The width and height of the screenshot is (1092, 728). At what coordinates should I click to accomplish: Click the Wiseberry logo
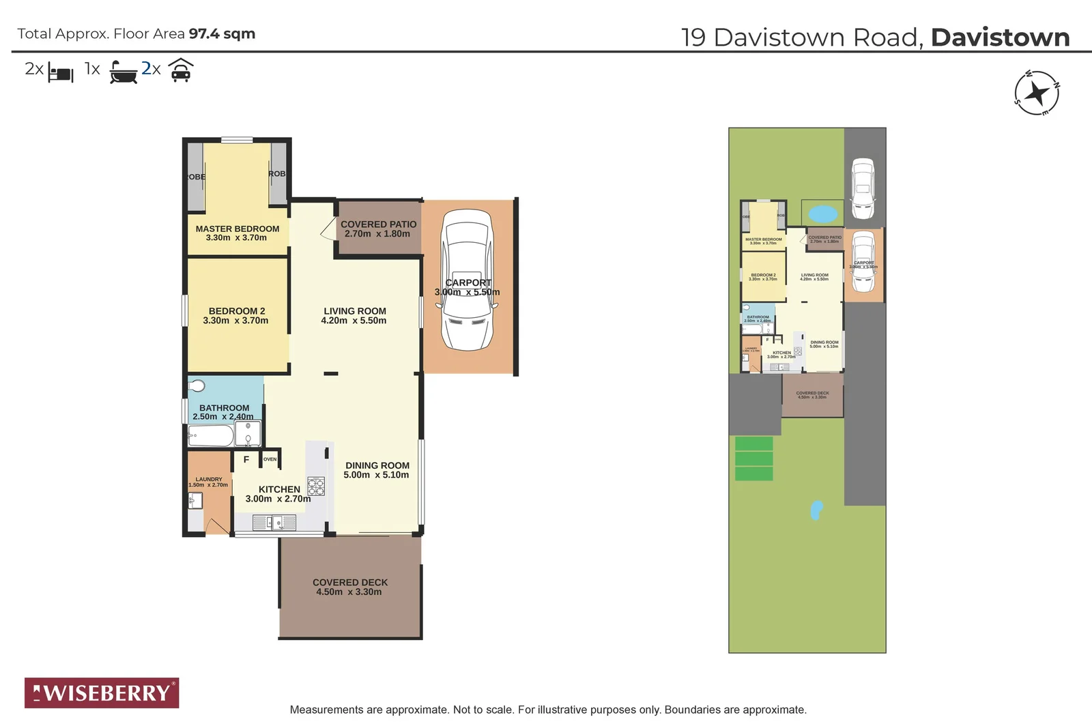tap(102, 693)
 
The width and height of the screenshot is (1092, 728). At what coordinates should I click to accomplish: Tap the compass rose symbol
tap(1036, 93)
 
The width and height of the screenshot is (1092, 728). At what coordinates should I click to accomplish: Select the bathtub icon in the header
tap(124, 72)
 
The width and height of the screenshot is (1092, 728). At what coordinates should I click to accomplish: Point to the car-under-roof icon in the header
tap(180, 70)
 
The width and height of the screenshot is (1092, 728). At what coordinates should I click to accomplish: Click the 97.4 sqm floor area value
tap(222, 33)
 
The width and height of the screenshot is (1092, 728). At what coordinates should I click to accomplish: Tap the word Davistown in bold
tap(1000, 38)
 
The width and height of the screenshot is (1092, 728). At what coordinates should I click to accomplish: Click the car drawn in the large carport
tap(468, 280)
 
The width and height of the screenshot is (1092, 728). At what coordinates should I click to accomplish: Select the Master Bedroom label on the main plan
tap(237, 229)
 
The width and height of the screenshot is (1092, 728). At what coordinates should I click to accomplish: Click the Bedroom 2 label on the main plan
tap(236, 310)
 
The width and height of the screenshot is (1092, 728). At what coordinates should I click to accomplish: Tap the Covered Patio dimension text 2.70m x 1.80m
tap(377, 234)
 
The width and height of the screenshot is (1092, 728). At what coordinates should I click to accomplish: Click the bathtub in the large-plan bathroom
tap(210, 435)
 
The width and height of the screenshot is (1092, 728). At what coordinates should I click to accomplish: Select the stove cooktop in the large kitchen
tap(316, 486)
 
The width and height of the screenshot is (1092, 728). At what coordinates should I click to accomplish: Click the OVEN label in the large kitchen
tap(270, 459)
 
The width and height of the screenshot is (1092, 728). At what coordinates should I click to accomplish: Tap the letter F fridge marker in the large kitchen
tap(246, 460)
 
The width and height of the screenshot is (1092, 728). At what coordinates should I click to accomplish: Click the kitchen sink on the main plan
tap(274, 523)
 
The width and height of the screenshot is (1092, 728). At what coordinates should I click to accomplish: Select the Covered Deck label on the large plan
tap(350, 582)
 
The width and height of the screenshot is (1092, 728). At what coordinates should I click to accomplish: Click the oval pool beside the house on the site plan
tap(823, 214)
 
